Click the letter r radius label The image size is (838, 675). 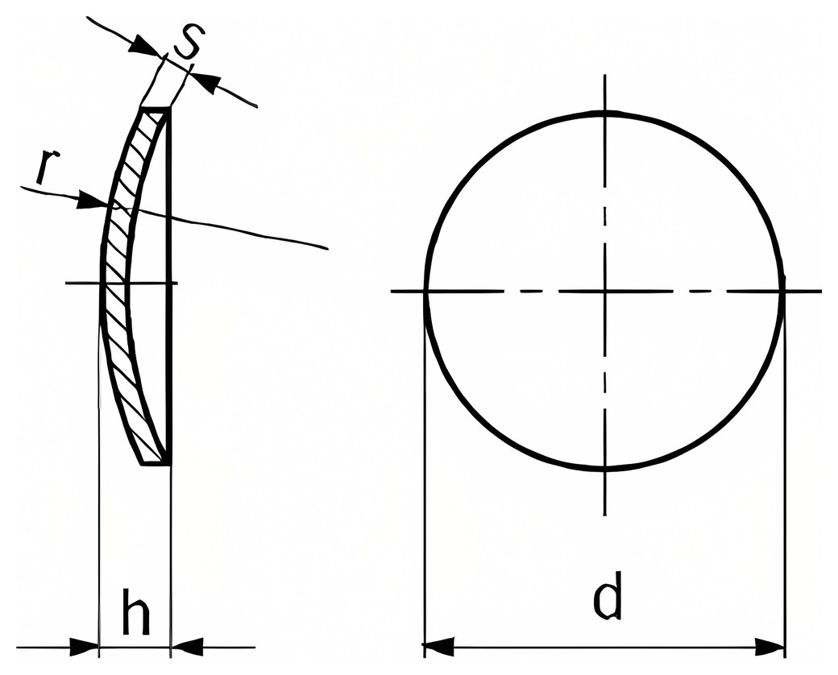pyautogui.click(x=47, y=168)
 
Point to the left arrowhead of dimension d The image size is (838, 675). pyautogui.click(x=438, y=646)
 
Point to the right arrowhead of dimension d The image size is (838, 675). pyautogui.click(x=770, y=646)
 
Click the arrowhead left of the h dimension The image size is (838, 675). pyautogui.click(x=85, y=647)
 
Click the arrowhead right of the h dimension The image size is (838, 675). pyautogui.click(x=186, y=646)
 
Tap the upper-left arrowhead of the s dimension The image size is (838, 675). pyautogui.click(x=145, y=45)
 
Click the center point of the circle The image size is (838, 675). pyautogui.click(x=605, y=292)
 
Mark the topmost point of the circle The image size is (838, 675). pyautogui.click(x=605, y=114)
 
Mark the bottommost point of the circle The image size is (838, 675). pyautogui.click(x=605, y=469)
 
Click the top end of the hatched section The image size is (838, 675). pyautogui.click(x=156, y=110)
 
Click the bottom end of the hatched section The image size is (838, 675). pyautogui.click(x=156, y=463)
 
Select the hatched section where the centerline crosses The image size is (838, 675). pyautogui.click(x=115, y=283)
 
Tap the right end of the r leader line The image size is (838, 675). pyautogui.click(x=327, y=248)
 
